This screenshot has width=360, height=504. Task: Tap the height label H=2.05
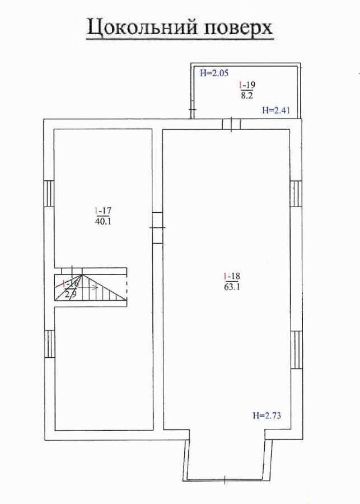(x=214, y=73)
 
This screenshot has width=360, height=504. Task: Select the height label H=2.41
(x=276, y=110)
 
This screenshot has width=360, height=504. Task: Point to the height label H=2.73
(x=267, y=416)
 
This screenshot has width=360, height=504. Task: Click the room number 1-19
(x=247, y=85)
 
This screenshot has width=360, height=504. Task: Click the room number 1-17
(x=104, y=211)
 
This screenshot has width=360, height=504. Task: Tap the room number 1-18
(x=231, y=276)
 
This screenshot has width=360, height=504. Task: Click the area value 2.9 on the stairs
(x=71, y=294)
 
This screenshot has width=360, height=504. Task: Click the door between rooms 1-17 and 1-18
(x=157, y=227)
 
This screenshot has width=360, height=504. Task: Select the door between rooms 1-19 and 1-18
(x=231, y=124)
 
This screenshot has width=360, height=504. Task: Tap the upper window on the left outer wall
(x=49, y=193)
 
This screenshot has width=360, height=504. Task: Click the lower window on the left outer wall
(x=49, y=343)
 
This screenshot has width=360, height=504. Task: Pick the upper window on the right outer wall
(x=296, y=194)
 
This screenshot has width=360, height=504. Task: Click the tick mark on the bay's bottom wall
(x=225, y=479)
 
